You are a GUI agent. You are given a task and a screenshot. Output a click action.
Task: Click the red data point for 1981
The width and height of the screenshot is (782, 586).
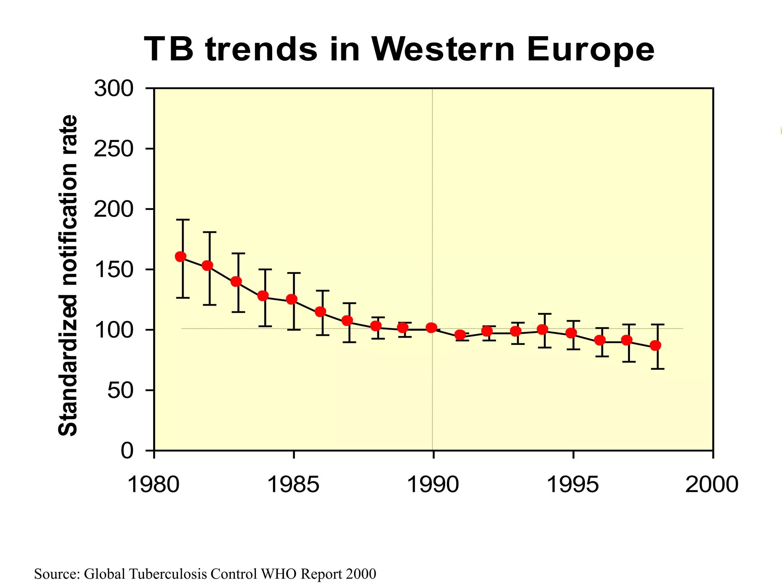[x=181, y=257]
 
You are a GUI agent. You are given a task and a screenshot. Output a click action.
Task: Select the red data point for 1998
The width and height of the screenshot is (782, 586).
[x=656, y=346]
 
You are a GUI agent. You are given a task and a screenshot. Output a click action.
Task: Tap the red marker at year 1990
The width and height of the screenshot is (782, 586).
[x=431, y=328]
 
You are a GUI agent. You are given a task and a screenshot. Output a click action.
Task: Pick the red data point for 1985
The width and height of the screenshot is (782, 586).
[x=292, y=299]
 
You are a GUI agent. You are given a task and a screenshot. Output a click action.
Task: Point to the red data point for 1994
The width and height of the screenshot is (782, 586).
[x=543, y=329]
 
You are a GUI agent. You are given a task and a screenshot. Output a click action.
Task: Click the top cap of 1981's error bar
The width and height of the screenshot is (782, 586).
[x=183, y=220]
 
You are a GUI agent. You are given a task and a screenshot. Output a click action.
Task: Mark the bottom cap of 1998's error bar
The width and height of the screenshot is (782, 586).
[x=658, y=369]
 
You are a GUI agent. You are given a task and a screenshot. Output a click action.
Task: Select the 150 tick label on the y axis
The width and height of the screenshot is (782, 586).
[x=114, y=270]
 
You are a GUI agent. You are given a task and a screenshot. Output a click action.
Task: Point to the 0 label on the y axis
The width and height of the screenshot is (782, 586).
[x=127, y=451]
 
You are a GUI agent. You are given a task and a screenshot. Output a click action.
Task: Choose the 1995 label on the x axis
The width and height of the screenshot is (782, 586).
[x=573, y=485]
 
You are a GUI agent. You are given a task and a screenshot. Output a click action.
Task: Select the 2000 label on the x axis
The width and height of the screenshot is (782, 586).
[x=712, y=485]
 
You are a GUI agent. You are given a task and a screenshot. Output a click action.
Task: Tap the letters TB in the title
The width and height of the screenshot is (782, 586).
[x=168, y=49]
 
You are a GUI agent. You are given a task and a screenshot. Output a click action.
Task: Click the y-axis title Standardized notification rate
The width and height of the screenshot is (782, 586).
[x=68, y=275]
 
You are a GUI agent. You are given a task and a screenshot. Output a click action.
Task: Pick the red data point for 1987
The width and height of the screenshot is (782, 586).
[x=347, y=320]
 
